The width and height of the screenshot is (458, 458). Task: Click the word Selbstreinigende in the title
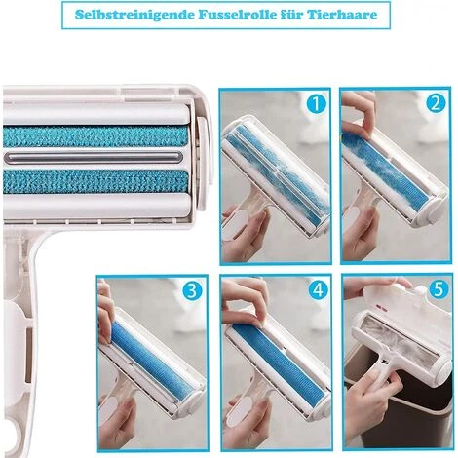[134, 15]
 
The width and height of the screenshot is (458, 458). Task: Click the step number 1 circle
[316, 104]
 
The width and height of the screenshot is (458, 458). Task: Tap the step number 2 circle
[436, 103]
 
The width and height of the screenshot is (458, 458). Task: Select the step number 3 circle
[192, 290]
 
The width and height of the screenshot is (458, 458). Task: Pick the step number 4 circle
[318, 289]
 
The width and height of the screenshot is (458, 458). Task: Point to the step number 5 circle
[439, 288]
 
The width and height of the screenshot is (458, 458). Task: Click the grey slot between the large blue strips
[94, 157]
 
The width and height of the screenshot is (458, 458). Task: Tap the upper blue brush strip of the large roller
[95, 136]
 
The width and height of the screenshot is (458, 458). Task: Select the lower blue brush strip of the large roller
[95, 181]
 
